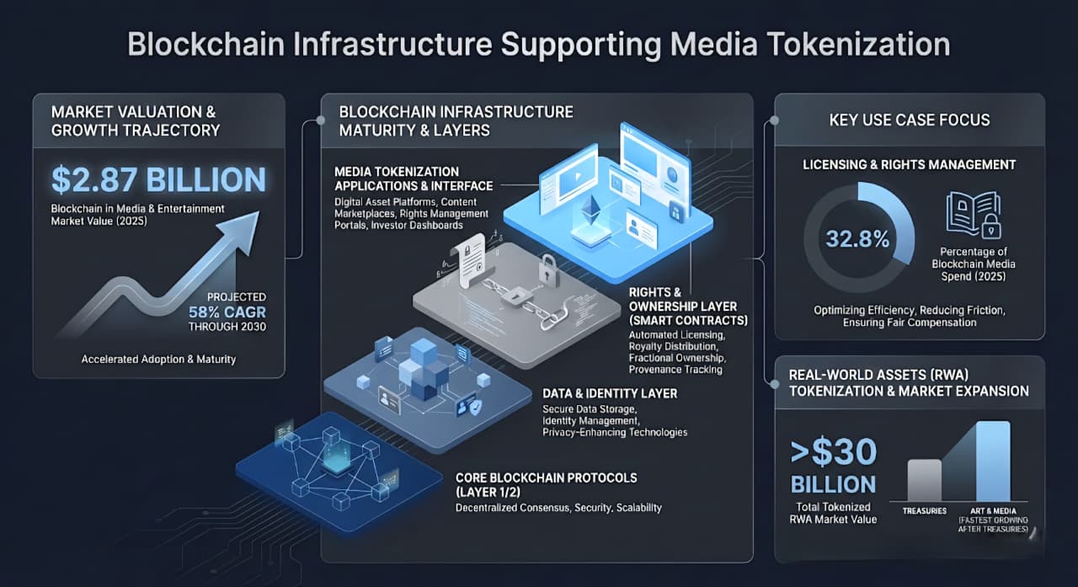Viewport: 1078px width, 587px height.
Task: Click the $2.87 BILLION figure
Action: point(158,179)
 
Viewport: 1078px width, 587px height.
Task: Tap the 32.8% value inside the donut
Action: point(857,238)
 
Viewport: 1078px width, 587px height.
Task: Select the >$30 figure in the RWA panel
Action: point(834,453)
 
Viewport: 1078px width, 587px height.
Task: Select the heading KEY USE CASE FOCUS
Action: point(910,120)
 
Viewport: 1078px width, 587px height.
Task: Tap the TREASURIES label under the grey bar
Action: point(925,511)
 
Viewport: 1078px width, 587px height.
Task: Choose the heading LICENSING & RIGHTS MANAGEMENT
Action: point(910,164)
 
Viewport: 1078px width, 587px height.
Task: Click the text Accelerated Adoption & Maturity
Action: point(158,359)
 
